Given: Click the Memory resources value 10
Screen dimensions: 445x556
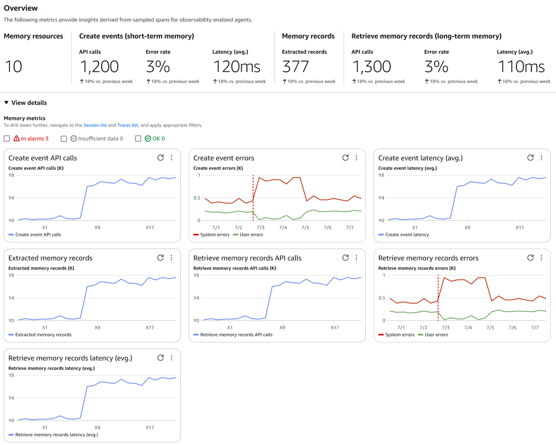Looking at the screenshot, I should point(14,67).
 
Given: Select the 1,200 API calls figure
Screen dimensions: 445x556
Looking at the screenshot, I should point(99,67).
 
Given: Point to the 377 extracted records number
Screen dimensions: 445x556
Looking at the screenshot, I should point(295,67).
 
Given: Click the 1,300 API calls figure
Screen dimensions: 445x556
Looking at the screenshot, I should point(371,67).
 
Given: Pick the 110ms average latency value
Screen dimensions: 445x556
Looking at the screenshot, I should point(521,67).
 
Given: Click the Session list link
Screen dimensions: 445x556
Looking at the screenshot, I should point(95,126).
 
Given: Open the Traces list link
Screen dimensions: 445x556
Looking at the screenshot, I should point(128,126).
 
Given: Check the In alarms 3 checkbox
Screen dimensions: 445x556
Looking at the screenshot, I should point(7,139).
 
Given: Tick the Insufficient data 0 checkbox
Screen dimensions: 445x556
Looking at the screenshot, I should point(64,139).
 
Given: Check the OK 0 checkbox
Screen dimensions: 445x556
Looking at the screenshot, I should point(138,139).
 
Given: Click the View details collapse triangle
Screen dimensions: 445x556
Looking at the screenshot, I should point(6,103).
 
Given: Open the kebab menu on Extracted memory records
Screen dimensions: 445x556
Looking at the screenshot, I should point(171,258).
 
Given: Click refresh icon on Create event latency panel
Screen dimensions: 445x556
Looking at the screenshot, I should point(530,158).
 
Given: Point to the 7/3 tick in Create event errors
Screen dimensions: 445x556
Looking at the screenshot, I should point(261,228).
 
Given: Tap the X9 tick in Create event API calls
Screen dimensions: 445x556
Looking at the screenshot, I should point(97,228).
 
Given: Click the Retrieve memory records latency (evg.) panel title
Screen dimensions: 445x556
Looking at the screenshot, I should point(70,358).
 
